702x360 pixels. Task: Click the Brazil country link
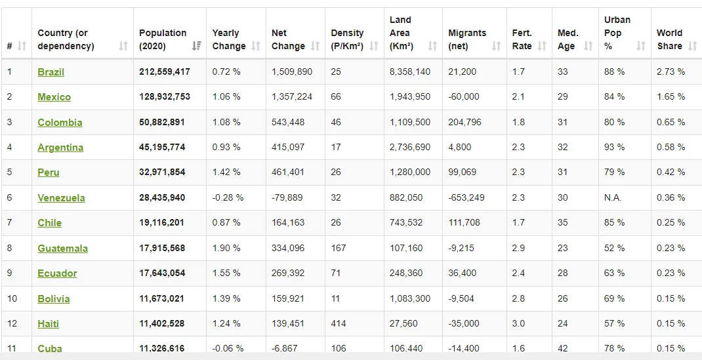click(51, 71)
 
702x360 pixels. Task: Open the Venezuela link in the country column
click(61, 197)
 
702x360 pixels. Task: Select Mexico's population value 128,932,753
click(164, 96)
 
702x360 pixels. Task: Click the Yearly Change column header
click(229, 39)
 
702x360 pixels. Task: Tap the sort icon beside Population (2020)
click(196, 46)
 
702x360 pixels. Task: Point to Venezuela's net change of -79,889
click(287, 197)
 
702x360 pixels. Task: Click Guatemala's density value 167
click(338, 248)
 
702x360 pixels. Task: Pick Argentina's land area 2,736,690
click(409, 147)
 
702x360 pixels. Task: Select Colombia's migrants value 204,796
click(465, 122)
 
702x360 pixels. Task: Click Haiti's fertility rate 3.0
click(518, 323)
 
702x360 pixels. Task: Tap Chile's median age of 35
click(563, 223)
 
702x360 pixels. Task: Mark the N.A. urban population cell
click(613, 197)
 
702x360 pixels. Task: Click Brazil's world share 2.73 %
click(671, 71)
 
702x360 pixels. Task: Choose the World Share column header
click(669, 39)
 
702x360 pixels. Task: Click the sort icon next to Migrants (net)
click(496, 46)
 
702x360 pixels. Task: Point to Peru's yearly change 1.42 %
click(226, 172)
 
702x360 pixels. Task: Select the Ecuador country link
click(57, 273)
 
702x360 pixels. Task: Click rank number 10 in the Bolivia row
click(12, 298)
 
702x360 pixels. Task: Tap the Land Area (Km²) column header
click(401, 33)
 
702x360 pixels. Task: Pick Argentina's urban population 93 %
click(614, 147)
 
